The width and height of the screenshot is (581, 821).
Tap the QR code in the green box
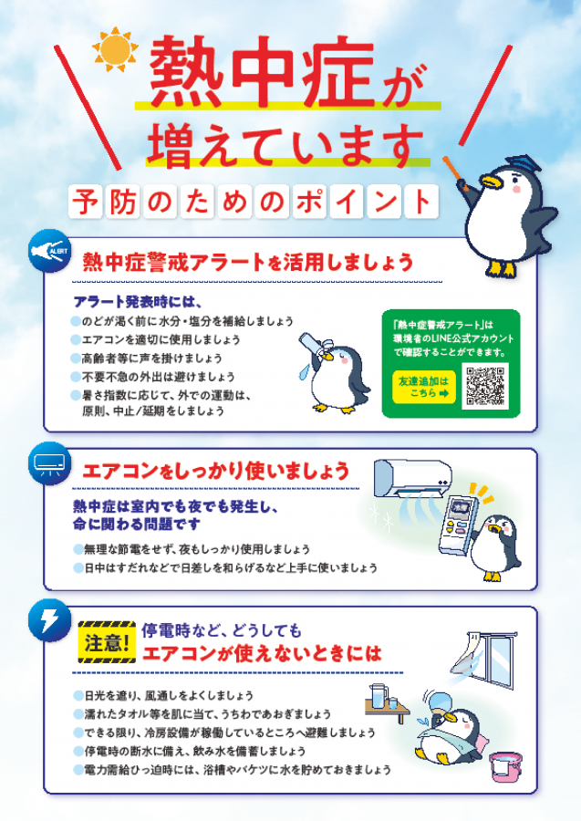[485, 385]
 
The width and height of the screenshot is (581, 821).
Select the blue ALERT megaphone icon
[47, 251]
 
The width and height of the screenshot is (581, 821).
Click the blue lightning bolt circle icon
[48, 620]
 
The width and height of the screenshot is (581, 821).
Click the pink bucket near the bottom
[503, 766]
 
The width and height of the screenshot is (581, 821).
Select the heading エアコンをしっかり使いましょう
[216, 472]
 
